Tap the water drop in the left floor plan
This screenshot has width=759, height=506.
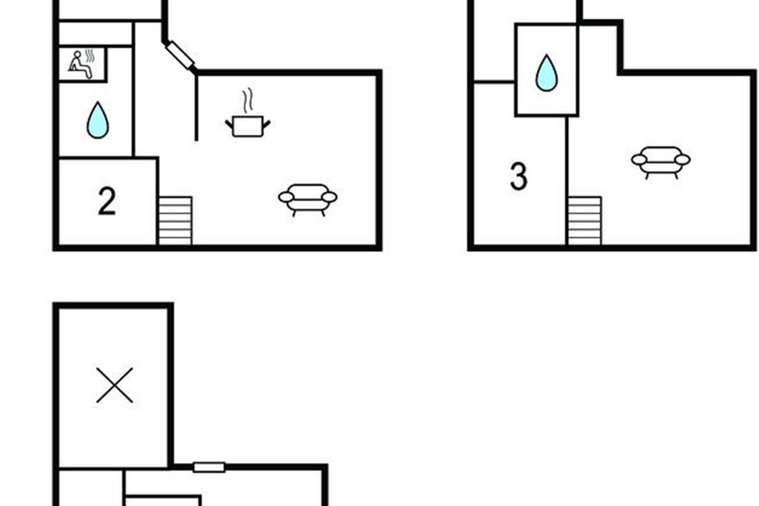click(97, 120)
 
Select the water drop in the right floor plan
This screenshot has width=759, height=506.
click(546, 73)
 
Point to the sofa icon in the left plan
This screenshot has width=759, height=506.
click(307, 200)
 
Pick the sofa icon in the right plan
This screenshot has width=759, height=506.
click(661, 163)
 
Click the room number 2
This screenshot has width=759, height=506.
click(107, 202)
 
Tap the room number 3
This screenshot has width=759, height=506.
click(519, 176)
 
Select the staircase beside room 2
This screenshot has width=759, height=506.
click(176, 220)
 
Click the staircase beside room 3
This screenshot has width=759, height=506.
click(585, 220)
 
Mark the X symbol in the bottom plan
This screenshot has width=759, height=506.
click(114, 385)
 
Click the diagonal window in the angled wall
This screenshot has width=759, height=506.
click(180, 55)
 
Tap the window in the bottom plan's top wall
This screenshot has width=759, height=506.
click(209, 467)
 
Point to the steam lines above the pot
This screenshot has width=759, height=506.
click(248, 100)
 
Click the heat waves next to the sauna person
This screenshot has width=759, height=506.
click(90, 56)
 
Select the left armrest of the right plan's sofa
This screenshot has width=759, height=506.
click(639, 159)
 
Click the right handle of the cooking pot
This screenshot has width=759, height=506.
click(267, 125)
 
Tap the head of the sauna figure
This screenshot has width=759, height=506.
click(78, 54)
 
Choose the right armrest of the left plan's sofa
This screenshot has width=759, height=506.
click(330, 197)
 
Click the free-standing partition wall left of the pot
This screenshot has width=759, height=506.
click(196, 108)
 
